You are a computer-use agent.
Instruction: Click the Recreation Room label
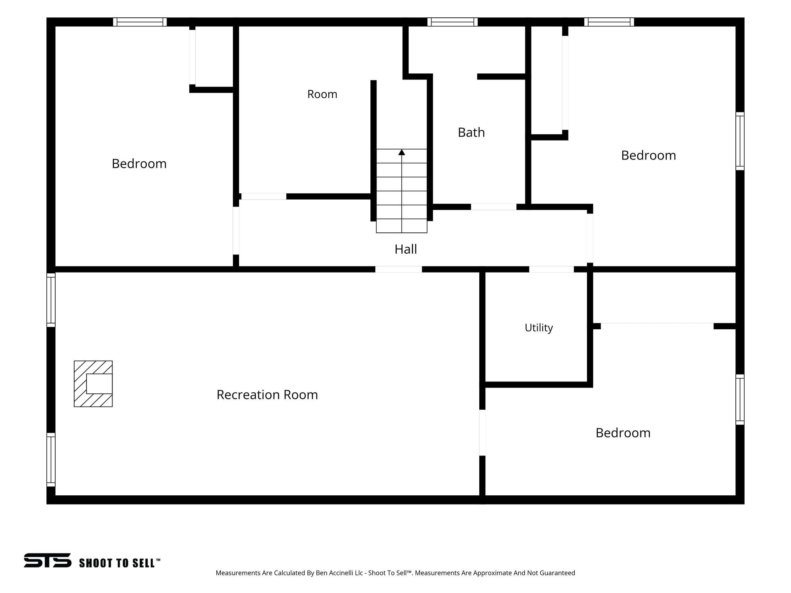[267, 395]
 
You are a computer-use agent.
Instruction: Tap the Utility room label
[539, 328]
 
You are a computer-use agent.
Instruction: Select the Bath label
[471, 132]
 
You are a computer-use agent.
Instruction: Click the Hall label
[406, 249]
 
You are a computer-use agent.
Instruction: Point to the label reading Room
[322, 94]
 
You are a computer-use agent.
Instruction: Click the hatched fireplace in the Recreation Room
[93, 384]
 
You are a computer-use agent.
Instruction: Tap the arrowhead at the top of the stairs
[402, 152]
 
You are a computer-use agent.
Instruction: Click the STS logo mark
[48, 560]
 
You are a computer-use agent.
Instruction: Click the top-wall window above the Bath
[453, 22]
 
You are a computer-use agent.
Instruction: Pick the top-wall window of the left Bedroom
[140, 22]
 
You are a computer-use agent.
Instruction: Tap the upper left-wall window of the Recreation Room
[51, 300]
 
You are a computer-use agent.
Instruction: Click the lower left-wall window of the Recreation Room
[51, 460]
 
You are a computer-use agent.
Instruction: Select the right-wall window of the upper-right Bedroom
[740, 141]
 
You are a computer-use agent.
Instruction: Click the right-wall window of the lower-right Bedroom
[740, 400]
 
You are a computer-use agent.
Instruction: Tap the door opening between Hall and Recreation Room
[399, 269]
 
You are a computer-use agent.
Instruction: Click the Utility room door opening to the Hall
[552, 269]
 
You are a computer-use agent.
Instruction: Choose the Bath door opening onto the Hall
[494, 207]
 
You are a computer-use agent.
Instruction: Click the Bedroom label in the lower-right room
[623, 433]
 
